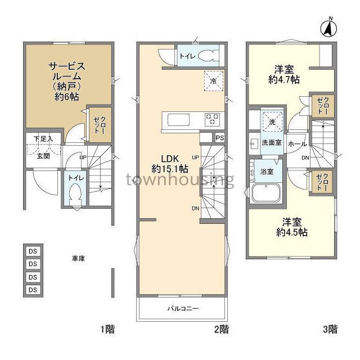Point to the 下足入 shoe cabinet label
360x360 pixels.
tap(43, 138)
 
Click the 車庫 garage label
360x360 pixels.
tap(78, 259)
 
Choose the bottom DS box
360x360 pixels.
tap(33, 290)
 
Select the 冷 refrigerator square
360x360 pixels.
tap(213, 80)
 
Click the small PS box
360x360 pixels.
tap(219, 137)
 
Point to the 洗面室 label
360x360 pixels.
tap(271, 143)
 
